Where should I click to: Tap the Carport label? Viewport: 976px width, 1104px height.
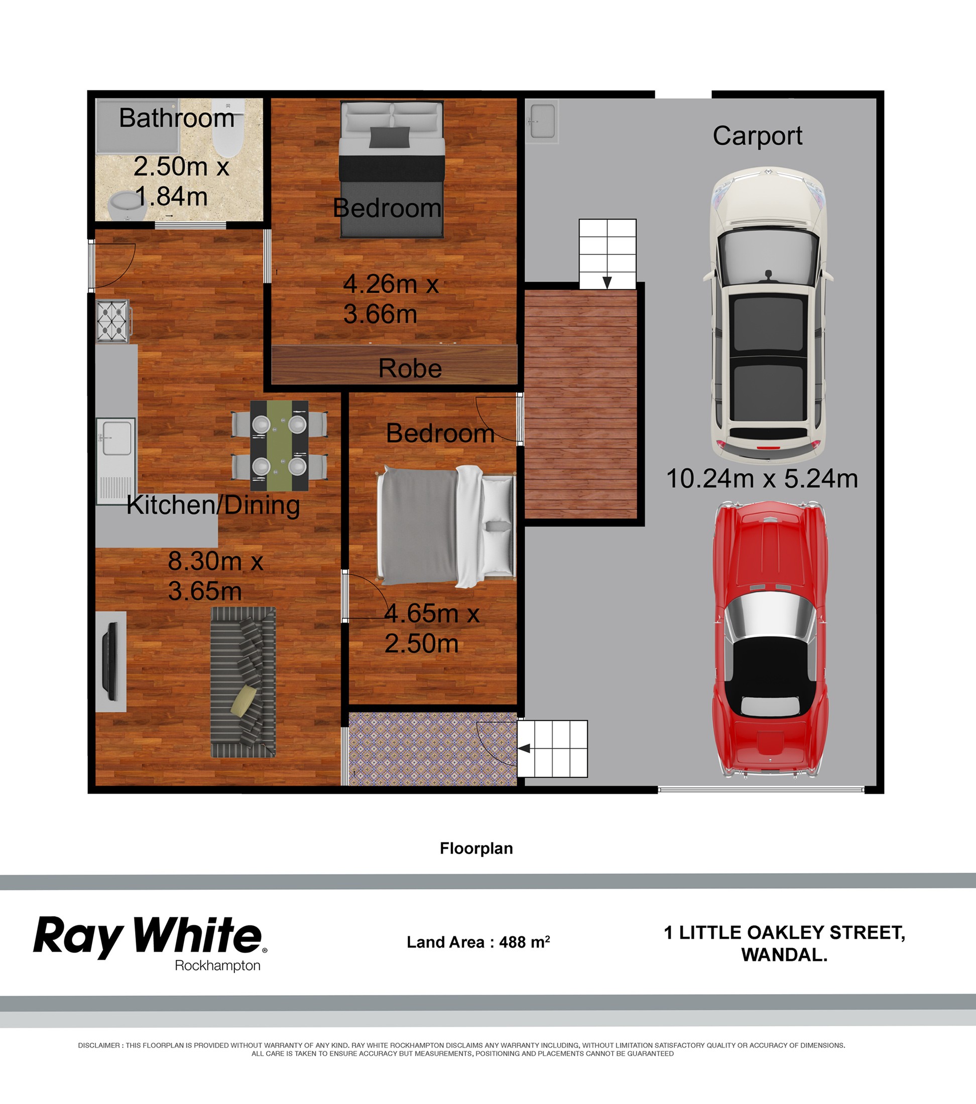click(x=757, y=135)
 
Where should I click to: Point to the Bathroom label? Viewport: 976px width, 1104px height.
click(x=177, y=118)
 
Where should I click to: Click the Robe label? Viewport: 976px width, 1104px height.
click(x=410, y=368)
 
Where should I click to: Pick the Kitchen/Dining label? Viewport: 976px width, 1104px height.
click(x=213, y=505)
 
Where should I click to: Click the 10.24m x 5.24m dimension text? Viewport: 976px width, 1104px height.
click(x=762, y=479)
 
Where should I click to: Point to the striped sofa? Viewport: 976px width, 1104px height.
click(x=243, y=682)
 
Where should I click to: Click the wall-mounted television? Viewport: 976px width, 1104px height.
click(x=111, y=661)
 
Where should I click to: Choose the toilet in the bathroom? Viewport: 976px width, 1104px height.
click(x=227, y=128)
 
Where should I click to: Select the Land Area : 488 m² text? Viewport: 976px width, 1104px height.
click(x=478, y=942)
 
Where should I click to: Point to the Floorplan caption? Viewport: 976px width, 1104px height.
click(x=476, y=848)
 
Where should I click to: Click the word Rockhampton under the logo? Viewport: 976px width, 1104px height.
click(x=218, y=967)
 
